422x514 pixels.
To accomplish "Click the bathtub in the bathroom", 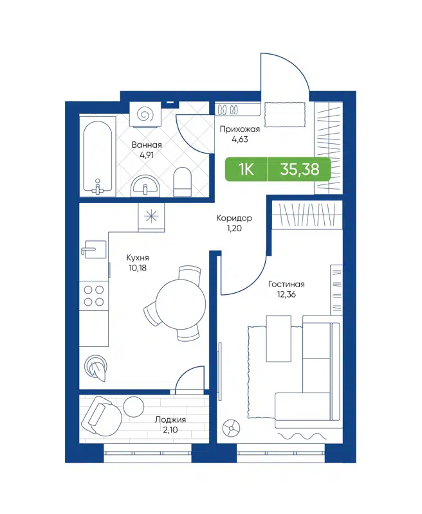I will click(98, 156).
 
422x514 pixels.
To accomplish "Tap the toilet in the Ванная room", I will click(183, 182).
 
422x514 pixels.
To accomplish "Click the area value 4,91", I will click(146, 155).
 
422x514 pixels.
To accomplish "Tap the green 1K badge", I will click(246, 170).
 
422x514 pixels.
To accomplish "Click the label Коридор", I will click(234, 218).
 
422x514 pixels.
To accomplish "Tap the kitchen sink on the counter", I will click(94, 249).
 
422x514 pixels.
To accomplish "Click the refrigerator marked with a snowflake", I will click(152, 217).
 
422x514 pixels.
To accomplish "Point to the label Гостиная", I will click(286, 284).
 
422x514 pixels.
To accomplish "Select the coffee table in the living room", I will click(278, 338).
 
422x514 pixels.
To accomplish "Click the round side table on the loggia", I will click(134, 407).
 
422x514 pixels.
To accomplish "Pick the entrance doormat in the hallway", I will click(283, 116).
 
